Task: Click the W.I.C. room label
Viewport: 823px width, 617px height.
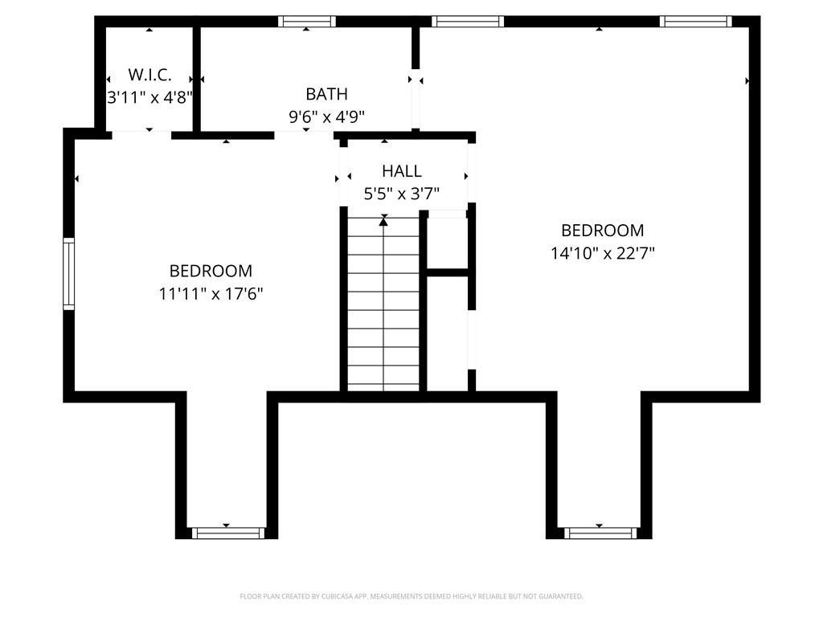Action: pos(149,75)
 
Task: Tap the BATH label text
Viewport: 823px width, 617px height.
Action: pos(326,94)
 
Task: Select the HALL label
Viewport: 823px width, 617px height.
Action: pos(402,171)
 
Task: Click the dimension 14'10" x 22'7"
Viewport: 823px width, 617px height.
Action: pos(603,253)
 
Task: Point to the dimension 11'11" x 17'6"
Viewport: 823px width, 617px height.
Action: pos(211,294)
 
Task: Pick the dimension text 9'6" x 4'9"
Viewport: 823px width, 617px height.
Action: pos(326,116)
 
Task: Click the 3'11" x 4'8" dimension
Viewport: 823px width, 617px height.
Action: pos(150,97)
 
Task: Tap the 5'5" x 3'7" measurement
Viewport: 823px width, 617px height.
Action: pos(402,194)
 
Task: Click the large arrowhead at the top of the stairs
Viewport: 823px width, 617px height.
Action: pos(383,222)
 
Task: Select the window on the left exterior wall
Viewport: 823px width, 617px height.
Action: pos(69,273)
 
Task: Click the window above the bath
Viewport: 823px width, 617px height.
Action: pos(306,22)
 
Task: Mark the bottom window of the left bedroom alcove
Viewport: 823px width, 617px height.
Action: pos(227,533)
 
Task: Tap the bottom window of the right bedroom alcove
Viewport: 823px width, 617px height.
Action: pos(600,533)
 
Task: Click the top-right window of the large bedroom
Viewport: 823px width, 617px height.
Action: pos(695,22)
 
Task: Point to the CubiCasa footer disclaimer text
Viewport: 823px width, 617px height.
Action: pos(411,597)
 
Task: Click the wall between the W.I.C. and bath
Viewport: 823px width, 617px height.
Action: pos(196,79)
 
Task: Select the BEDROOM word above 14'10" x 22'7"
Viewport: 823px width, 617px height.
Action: pos(603,231)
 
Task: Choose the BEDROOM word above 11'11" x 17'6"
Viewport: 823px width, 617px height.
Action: pos(211,271)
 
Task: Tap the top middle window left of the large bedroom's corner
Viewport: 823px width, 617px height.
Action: pos(468,22)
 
